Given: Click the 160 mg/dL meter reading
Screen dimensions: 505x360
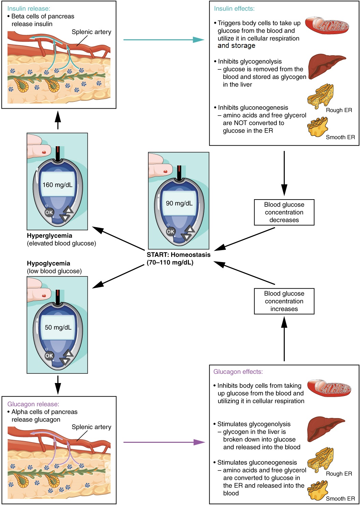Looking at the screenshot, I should [x=57, y=185].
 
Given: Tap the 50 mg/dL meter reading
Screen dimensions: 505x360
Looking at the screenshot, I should [x=58, y=327].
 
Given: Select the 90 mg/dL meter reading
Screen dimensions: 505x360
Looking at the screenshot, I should [x=179, y=203].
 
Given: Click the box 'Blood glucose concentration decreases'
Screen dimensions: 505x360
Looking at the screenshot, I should [x=284, y=212].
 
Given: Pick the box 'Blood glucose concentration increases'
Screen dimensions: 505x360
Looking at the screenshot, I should [x=284, y=301].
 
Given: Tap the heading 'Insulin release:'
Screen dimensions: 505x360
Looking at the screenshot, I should [x=28, y=9].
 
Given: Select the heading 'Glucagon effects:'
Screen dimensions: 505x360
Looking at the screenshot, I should [x=238, y=372].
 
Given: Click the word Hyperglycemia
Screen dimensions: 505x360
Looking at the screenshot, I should [x=50, y=235].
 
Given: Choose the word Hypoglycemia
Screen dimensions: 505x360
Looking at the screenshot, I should [x=49, y=263].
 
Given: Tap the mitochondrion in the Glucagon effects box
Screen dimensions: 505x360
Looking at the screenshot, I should [x=329, y=388].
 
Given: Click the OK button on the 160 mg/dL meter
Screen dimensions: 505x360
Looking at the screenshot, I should [x=49, y=213].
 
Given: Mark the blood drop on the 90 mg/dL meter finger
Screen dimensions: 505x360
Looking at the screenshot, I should [x=166, y=171].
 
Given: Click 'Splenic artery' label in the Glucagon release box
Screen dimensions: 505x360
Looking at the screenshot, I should [x=91, y=427].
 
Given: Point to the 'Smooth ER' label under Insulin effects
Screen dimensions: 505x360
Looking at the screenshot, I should [x=340, y=137].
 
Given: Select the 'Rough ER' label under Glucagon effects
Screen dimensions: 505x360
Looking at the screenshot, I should [x=338, y=474].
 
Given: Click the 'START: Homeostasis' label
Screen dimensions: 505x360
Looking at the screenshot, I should [x=178, y=255].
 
